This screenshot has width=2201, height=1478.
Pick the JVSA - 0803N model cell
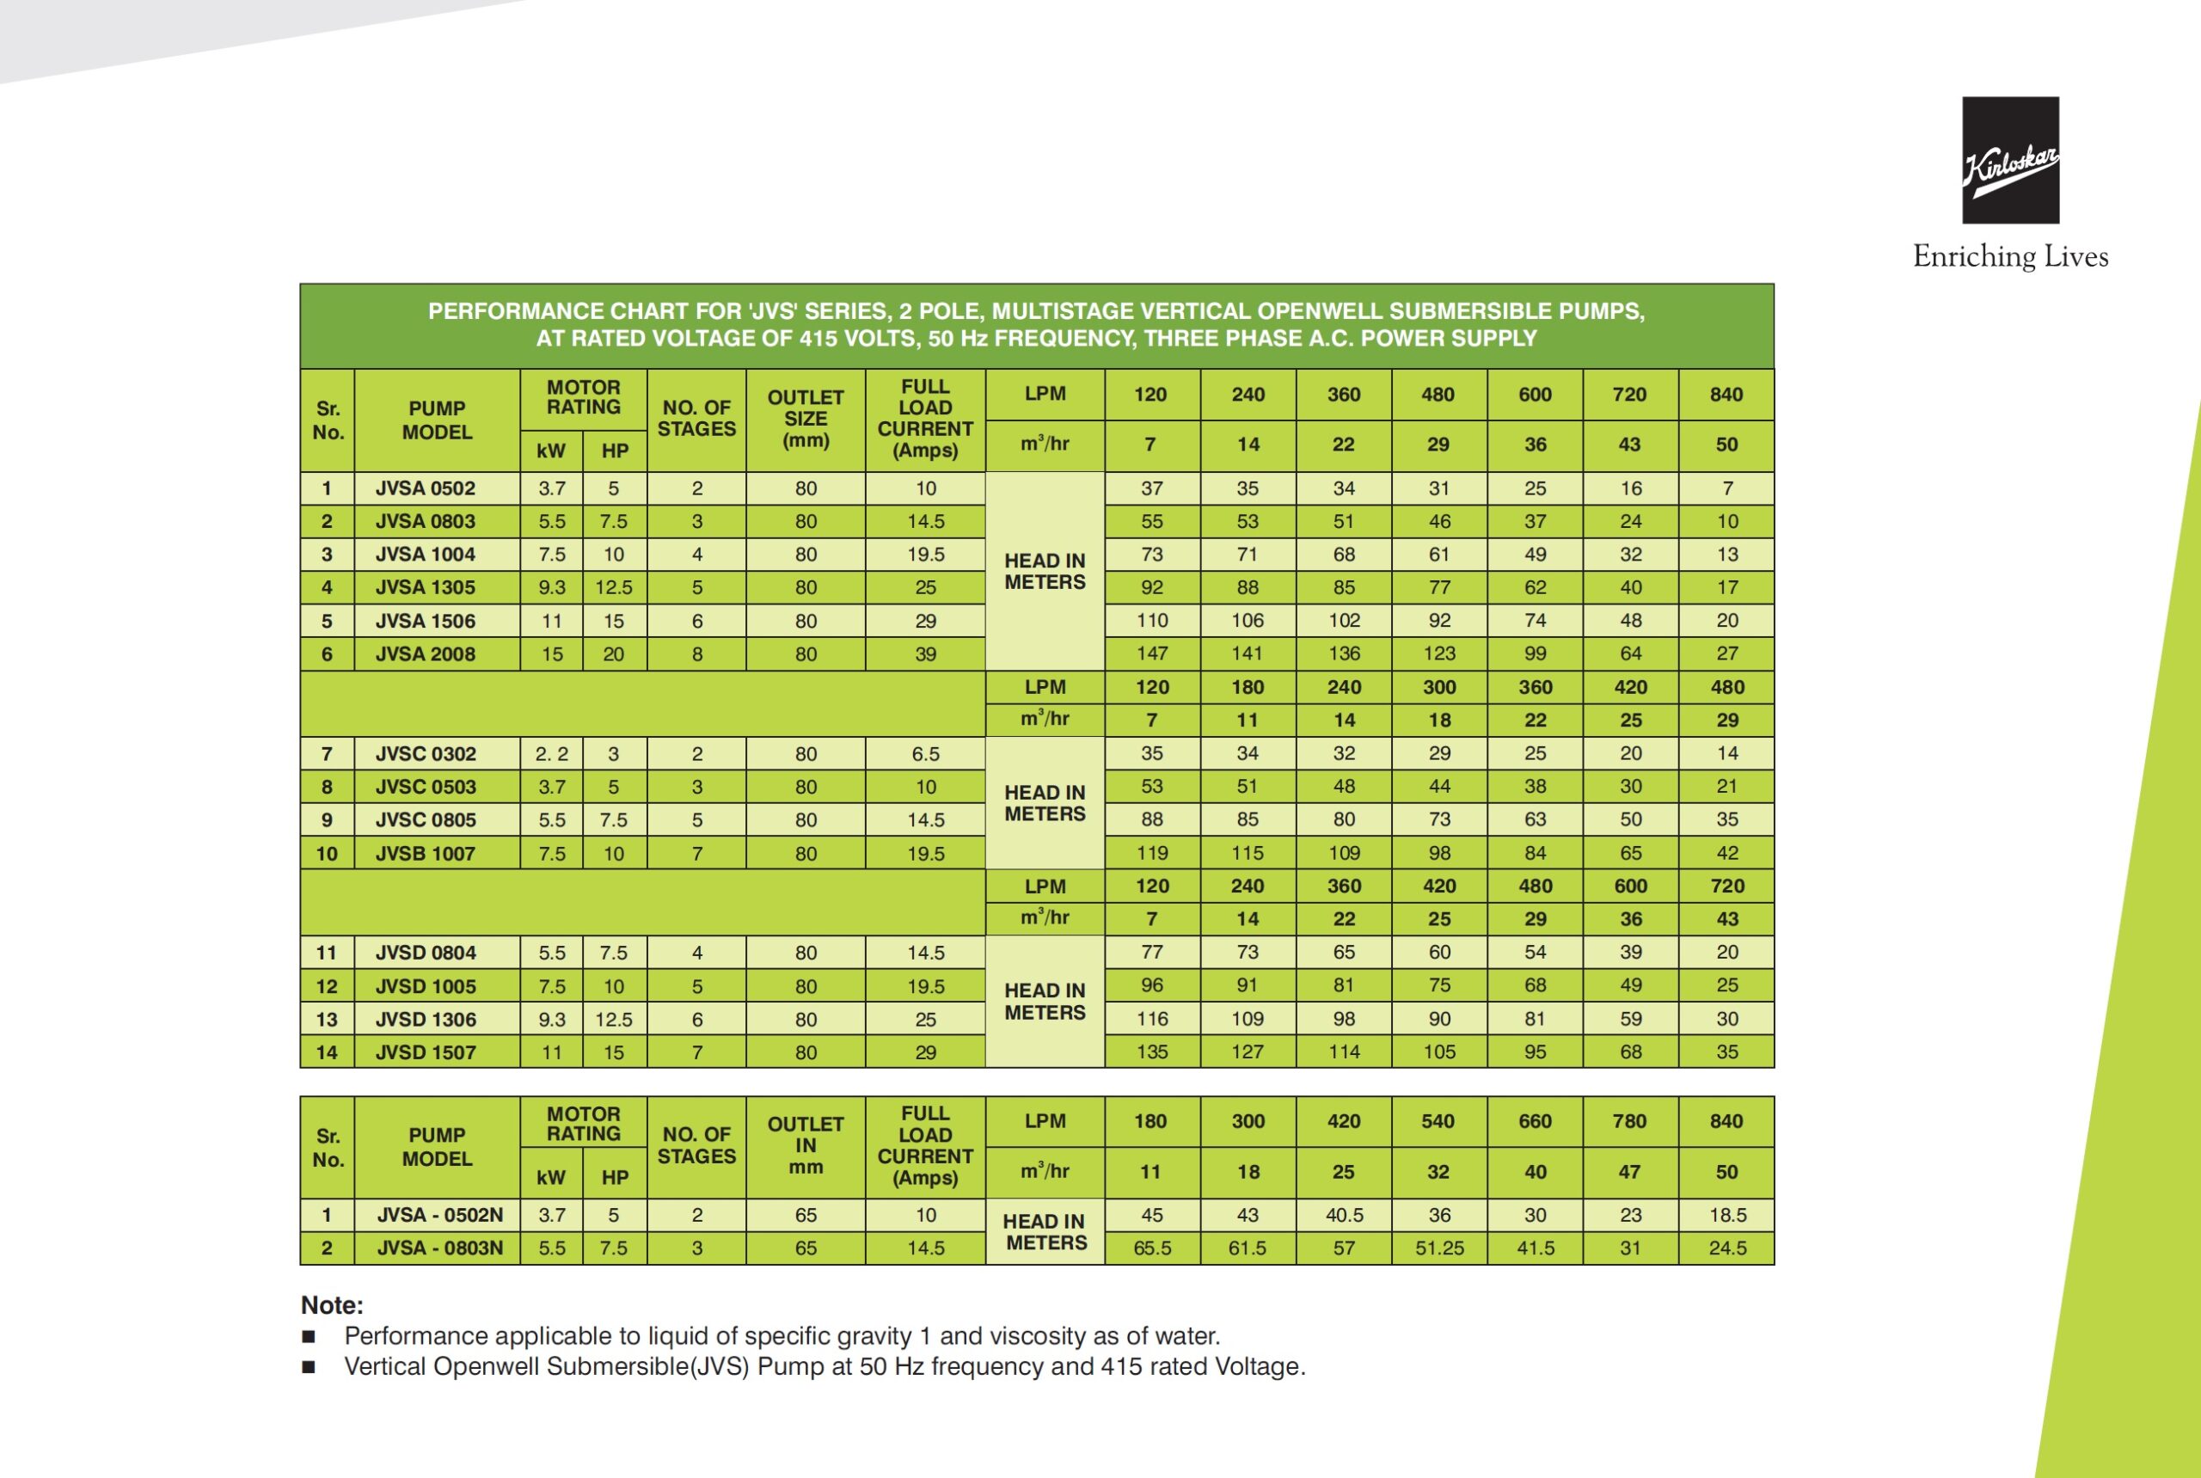[x=439, y=1248]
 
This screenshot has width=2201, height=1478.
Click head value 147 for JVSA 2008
[x=1152, y=654]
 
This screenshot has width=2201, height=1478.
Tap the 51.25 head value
[x=1439, y=1248]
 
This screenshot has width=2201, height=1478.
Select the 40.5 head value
[x=1343, y=1215]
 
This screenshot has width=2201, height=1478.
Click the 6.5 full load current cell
[x=926, y=754]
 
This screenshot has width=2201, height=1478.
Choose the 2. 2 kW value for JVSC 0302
[x=551, y=754]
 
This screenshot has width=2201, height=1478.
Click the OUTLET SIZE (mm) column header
[x=805, y=419]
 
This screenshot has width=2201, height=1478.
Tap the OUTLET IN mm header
[x=805, y=1145]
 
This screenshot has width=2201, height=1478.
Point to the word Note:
[x=332, y=1305]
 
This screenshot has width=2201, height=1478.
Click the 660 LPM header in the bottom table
[x=1535, y=1122]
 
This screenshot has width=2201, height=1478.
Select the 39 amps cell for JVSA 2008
[x=926, y=654]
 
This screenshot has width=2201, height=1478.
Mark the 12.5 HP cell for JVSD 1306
[x=614, y=1020]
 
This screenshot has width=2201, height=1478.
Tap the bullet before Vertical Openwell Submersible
[x=309, y=1367]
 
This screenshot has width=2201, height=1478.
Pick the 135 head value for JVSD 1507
[x=1152, y=1052]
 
